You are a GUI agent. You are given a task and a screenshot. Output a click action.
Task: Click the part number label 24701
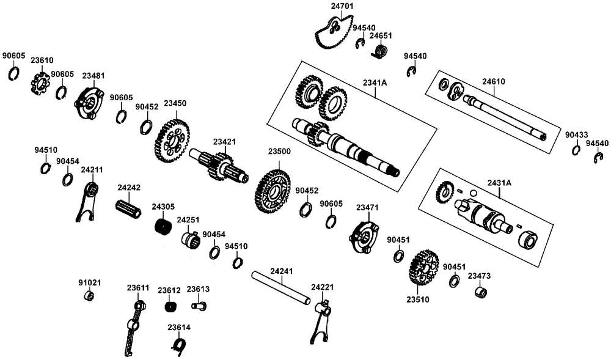click(x=342, y=6)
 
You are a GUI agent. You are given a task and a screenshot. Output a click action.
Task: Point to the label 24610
click(x=494, y=81)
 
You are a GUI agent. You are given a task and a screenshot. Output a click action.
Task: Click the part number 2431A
click(x=499, y=183)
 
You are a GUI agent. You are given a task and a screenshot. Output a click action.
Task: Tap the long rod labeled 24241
click(x=282, y=288)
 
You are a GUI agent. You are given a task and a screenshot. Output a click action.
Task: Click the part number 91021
click(x=89, y=283)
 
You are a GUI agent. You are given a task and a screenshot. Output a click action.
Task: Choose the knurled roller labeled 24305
click(x=163, y=227)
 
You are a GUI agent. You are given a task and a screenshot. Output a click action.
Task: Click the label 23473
click(x=479, y=276)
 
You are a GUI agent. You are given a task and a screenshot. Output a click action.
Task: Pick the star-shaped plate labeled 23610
click(x=40, y=83)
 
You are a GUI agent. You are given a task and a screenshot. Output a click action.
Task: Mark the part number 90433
click(x=576, y=134)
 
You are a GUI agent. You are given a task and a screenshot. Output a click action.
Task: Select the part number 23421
click(x=224, y=142)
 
